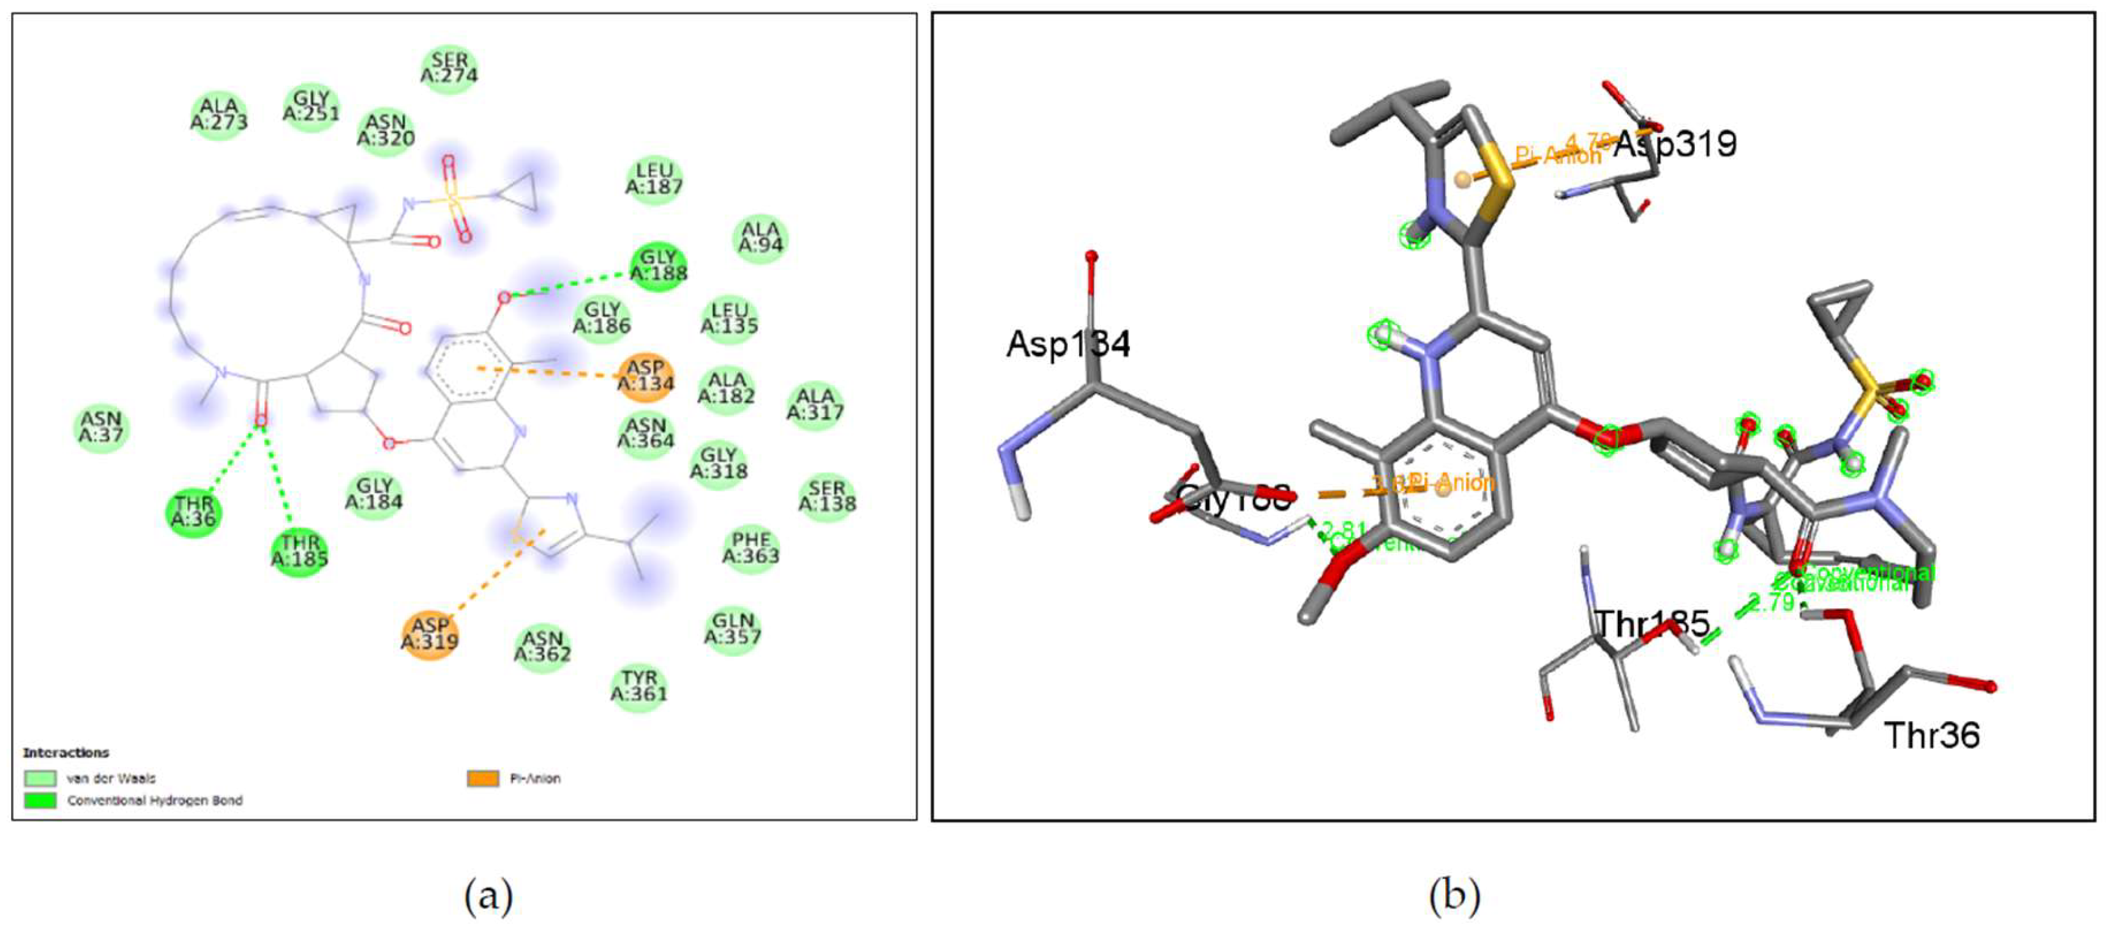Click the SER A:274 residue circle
[449, 68]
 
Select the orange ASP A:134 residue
[646, 376]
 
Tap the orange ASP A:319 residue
[429, 634]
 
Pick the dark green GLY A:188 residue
[658, 266]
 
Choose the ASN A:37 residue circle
[101, 427]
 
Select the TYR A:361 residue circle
[639, 686]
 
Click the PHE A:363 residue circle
[750, 548]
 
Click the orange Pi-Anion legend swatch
[483, 778]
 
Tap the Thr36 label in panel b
[1932, 735]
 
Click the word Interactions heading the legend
[65, 752]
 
